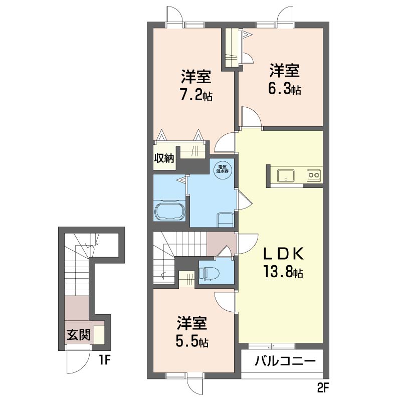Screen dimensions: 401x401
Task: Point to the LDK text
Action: (x=284, y=254)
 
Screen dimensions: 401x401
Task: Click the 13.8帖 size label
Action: (x=284, y=272)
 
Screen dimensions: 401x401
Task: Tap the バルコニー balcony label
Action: (x=285, y=361)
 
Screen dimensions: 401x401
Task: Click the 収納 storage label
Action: (x=164, y=158)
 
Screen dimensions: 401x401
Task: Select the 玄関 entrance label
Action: (x=79, y=334)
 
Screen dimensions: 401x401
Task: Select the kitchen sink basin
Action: (x=286, y=175)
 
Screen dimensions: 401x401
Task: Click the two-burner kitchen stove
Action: (x=314, y=175)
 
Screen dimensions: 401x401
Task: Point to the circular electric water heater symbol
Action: (x=223, y=169)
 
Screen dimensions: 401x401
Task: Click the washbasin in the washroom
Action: (x=225, y=220)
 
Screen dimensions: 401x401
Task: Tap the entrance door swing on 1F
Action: (x=78, y=360)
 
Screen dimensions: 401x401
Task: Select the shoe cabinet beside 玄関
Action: (x=99, y=334)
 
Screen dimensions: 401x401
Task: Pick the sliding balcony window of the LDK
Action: (x=271, y=346)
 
